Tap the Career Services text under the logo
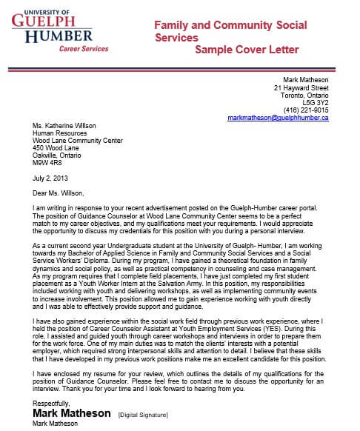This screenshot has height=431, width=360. coord(84,48)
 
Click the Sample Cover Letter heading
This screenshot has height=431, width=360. coord(247,50)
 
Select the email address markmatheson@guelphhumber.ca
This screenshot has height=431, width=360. coord(278,118)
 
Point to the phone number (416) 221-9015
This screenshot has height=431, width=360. coord(306,110)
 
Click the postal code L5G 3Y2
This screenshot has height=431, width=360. coord(314,102)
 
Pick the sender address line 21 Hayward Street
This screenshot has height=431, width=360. coord(301,87)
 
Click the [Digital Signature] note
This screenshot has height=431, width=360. coord(144,413)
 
